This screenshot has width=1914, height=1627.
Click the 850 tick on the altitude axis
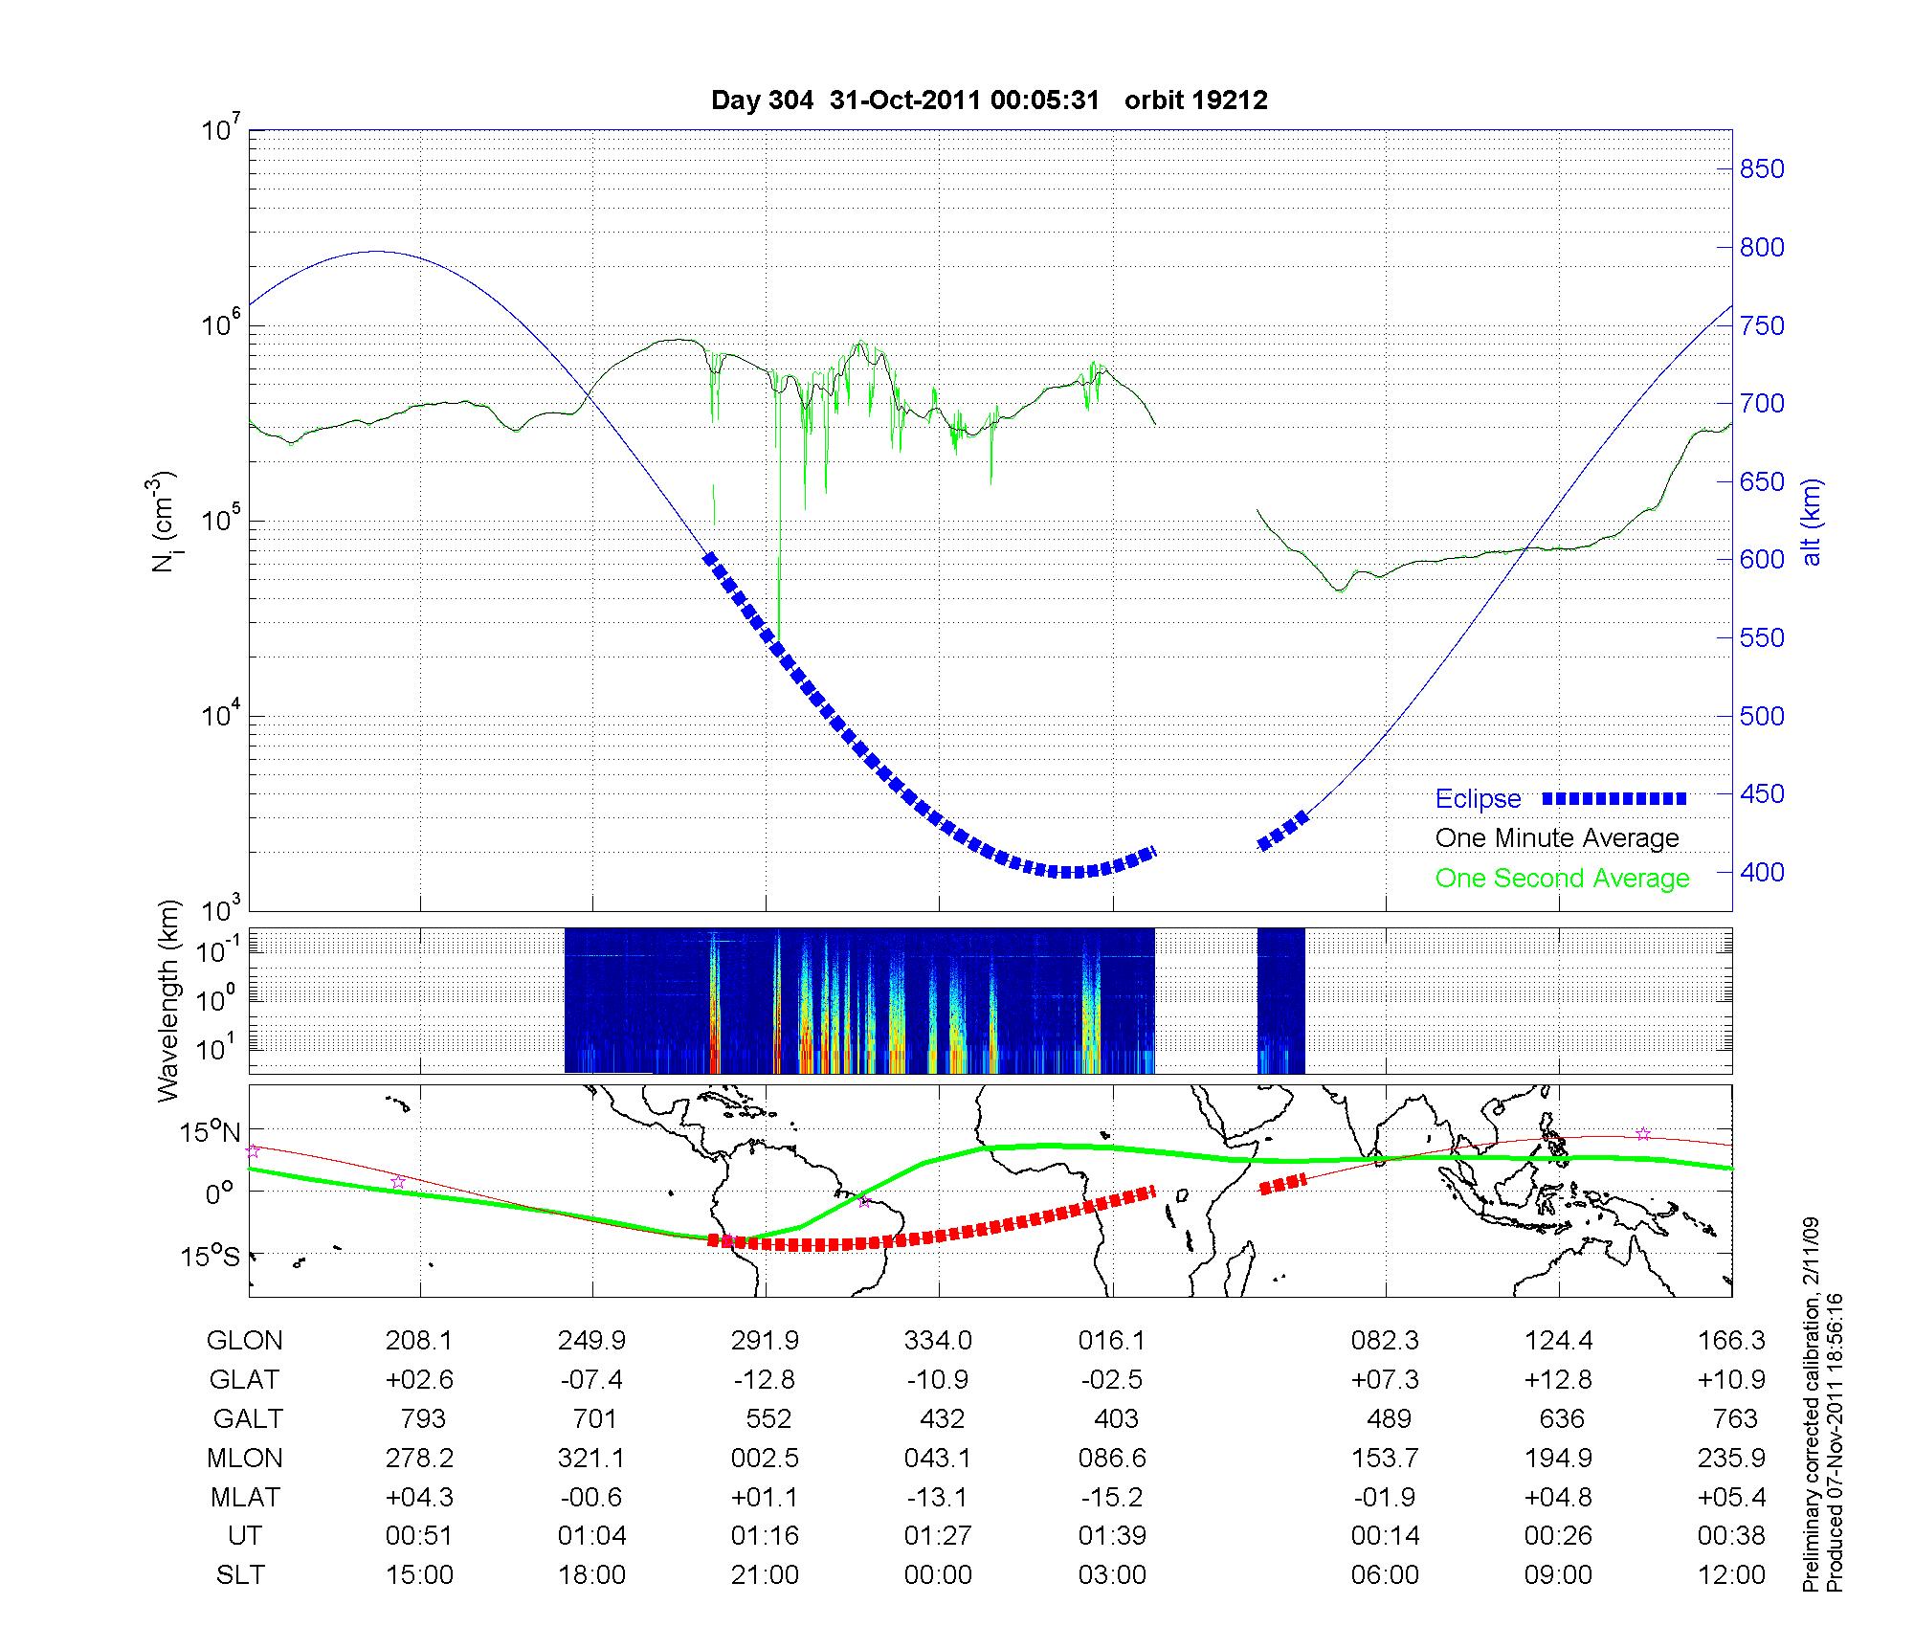[1762, 169]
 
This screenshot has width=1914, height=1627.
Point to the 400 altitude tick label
[1762, 872]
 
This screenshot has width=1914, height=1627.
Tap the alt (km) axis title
[1812, 522]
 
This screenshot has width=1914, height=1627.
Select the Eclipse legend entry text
[1478, 799]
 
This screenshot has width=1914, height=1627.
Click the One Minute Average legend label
[1557, 838]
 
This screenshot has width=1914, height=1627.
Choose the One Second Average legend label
[1562, 879]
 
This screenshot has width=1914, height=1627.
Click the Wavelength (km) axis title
[168, 1001]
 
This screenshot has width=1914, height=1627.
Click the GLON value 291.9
[765, 1341]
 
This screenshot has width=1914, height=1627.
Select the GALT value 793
[420, 1418]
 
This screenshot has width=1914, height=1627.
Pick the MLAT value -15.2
[1112, 1497]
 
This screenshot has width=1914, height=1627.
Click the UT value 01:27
[938, 1536]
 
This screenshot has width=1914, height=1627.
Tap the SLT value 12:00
[1731, 1575]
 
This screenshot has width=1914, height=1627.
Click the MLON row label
[245, 1458]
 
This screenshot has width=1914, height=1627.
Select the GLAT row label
[245, 1380]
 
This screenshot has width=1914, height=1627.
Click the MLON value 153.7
[1385, 1458]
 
